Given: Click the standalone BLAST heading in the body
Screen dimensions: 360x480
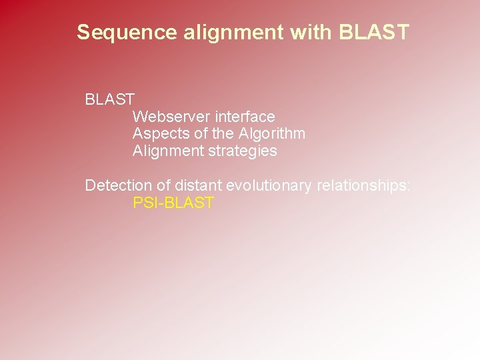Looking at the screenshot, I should click(x=110, y=100).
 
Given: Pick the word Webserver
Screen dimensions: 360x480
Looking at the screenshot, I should click(x=171, y=117).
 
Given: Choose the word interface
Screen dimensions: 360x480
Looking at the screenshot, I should click(x=245, y=117).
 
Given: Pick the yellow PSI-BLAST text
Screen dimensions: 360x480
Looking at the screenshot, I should click(x=173, y=203).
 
